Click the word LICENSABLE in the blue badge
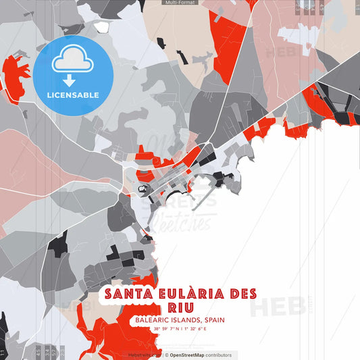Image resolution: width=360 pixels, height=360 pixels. pyautogui.click(x=73, y=95)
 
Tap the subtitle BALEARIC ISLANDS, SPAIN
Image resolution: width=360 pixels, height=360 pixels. pyautogui.click(x=180, y=320)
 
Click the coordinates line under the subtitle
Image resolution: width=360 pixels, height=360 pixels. pyautogui.click(x=180, y=329)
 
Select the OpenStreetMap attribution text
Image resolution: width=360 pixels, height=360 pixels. pyautogui.click(x=200, y=355)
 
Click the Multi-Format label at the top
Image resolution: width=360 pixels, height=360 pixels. pyautogui.click(x=180, y=3)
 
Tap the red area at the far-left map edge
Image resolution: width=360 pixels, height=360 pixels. pyautogui.click(x=15, y=76)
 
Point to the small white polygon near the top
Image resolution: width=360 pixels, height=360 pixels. pyautogui.click(x=101, y=27)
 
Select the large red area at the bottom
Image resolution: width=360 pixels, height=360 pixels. pyautogui.click(x=122, y=334)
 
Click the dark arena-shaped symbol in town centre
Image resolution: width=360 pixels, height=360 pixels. pyautogui.click(x=143, y=190)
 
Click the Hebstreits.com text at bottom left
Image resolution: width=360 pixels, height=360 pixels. pyautogui.click(x=144, y=355)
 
